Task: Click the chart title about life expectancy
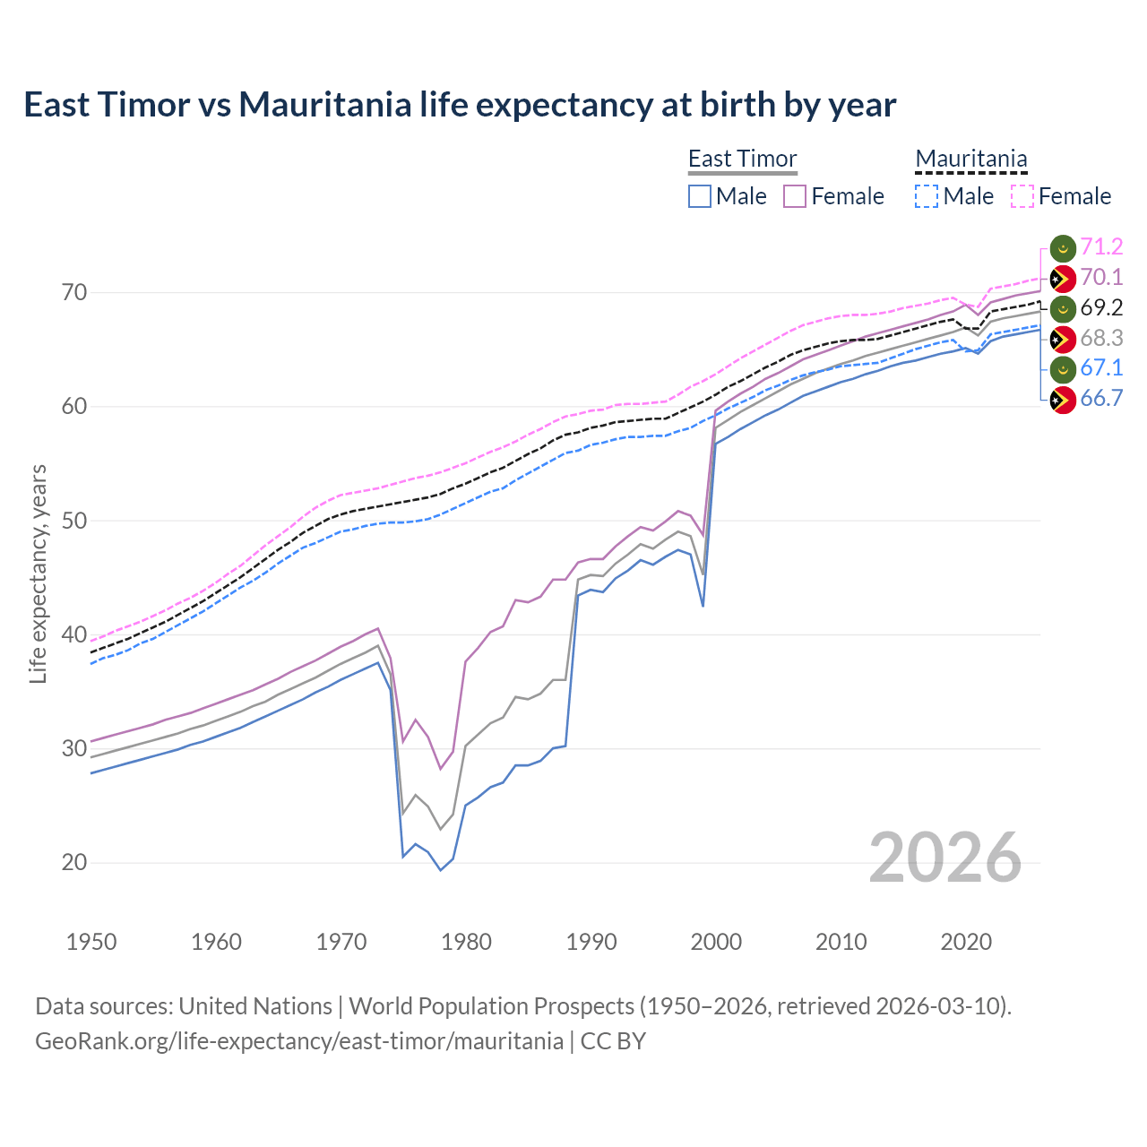click(459, 105)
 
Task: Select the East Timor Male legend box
click(700, 196)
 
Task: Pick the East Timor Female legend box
click(795, 196)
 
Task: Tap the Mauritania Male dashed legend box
click(927, 196)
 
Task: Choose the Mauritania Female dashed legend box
click(1022, 196)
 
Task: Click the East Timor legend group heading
click(742, 160)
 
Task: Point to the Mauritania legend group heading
click(970, 160)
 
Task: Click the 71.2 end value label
click(1101, 246)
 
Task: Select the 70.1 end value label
click(1101, 277)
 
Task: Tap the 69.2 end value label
click(1101, 307)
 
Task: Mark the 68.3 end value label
click(1101, 338)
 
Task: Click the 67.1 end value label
click(1101, 367)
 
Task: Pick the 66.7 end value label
click(1101, 398)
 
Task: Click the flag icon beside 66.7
click(1062, 400)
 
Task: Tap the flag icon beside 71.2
click(1062, 248)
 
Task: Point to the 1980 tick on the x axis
click(466, 942)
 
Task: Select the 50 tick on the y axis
click(75, 521)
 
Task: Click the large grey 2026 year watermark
click(945, 858)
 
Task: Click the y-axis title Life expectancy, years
click(39, 573)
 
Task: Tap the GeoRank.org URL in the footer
click(299, 1041)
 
